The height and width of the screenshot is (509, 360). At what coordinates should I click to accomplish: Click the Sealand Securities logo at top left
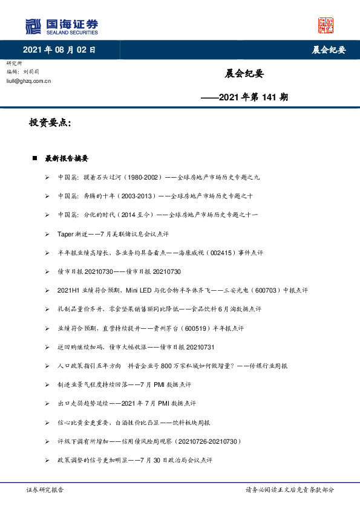coord(61,27)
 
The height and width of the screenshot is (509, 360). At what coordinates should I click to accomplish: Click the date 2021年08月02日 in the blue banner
coord(59,50)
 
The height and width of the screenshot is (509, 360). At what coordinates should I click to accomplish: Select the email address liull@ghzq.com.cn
coord(28,80)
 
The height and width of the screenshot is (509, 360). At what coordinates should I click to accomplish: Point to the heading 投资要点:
coord(50,123)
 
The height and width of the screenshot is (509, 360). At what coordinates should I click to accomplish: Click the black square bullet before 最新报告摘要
coord(35,158)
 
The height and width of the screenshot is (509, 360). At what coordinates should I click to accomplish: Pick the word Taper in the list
coord(65,233)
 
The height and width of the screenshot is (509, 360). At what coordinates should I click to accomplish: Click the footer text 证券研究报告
coord(45,490)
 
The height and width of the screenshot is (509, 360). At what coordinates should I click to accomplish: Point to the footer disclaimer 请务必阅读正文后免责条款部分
coord(289,490)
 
